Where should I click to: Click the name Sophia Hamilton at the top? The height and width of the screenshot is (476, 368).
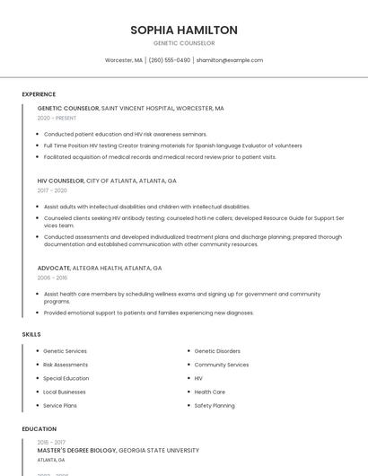pos(184,30)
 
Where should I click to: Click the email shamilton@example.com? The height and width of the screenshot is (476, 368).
pos(230,60)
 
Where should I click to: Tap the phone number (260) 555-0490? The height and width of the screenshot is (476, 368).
pos(170,60)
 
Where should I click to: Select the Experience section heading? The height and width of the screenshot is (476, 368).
pos(39,94)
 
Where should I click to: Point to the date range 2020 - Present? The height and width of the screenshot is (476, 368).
pos(57,118)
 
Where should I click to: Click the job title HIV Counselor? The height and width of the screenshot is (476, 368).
pos(61,181)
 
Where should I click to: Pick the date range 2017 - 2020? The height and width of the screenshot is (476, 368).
pos(52,190)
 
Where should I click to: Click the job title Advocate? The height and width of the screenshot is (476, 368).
pos(54,268)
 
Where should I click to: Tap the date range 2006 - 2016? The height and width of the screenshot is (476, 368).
pos(52,278)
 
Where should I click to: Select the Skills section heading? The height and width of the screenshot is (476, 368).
pos(31,334)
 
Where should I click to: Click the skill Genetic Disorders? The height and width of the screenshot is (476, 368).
pos(217,351)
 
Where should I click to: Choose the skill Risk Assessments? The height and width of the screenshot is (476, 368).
pos(66,365)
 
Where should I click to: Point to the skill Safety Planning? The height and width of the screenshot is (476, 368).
pos(215,405)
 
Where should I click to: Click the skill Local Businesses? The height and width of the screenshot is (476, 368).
pos(65,392)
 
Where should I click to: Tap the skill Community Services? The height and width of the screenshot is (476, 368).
pos(222,365)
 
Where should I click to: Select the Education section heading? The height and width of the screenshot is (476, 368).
pos(39,429)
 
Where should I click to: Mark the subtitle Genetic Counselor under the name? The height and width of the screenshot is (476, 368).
pos(184,42)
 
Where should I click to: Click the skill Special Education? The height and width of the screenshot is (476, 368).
pos(66,378)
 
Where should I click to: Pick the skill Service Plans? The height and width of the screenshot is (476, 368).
pos(60,405)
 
